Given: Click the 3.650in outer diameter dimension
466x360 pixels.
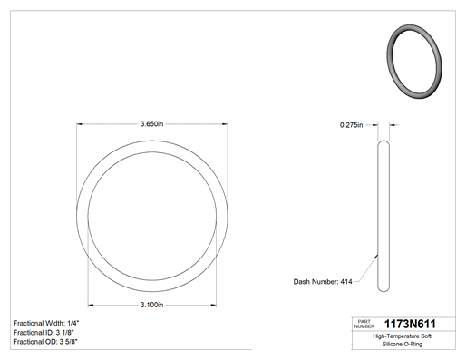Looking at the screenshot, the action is pos(151,124).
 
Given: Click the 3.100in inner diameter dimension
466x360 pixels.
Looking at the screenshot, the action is pos(151,305).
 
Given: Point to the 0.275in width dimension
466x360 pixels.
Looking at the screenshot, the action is pos(351,125).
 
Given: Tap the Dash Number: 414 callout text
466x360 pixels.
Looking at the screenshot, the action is pos(323,282).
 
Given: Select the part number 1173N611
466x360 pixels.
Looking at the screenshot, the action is pos(410,324).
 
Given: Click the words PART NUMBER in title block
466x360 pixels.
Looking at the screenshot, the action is pos(364,324).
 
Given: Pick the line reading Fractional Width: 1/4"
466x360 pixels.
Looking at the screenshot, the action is pos(46,323).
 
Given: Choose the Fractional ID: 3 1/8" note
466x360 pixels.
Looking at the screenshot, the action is pos(44,333).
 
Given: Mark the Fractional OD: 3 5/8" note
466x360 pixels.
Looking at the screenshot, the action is pos(45,342).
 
